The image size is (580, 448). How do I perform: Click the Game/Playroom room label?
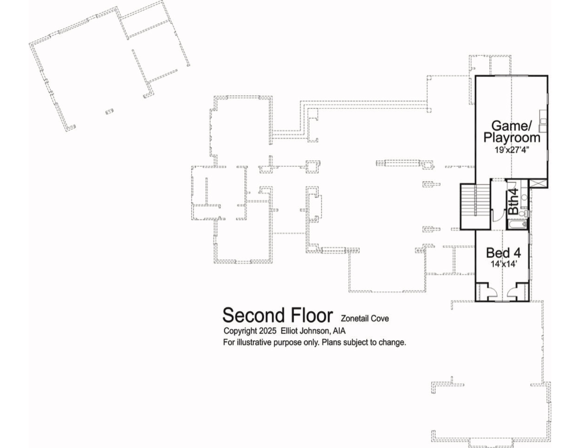click(x=512, y=132)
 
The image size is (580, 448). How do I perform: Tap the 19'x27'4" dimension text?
click(x=512, y=150)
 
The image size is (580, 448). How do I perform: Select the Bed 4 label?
click(x=504, y=253)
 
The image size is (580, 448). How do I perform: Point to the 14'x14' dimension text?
click(x=504, y=264)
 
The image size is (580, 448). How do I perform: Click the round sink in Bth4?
click(x=524, y=197)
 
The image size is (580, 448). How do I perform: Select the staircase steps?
click(x=475, y=199)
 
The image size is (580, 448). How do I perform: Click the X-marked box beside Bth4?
click(x=538, y=184)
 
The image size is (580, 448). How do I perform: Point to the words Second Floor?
click(x=278, y=315)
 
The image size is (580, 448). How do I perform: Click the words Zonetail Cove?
click(x=365, y=319)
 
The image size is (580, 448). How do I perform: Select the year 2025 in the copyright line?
click(x=268, y=331)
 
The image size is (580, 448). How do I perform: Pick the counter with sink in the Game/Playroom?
click(x=543, y=121)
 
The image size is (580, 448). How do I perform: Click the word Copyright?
click(x=240, y=331)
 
